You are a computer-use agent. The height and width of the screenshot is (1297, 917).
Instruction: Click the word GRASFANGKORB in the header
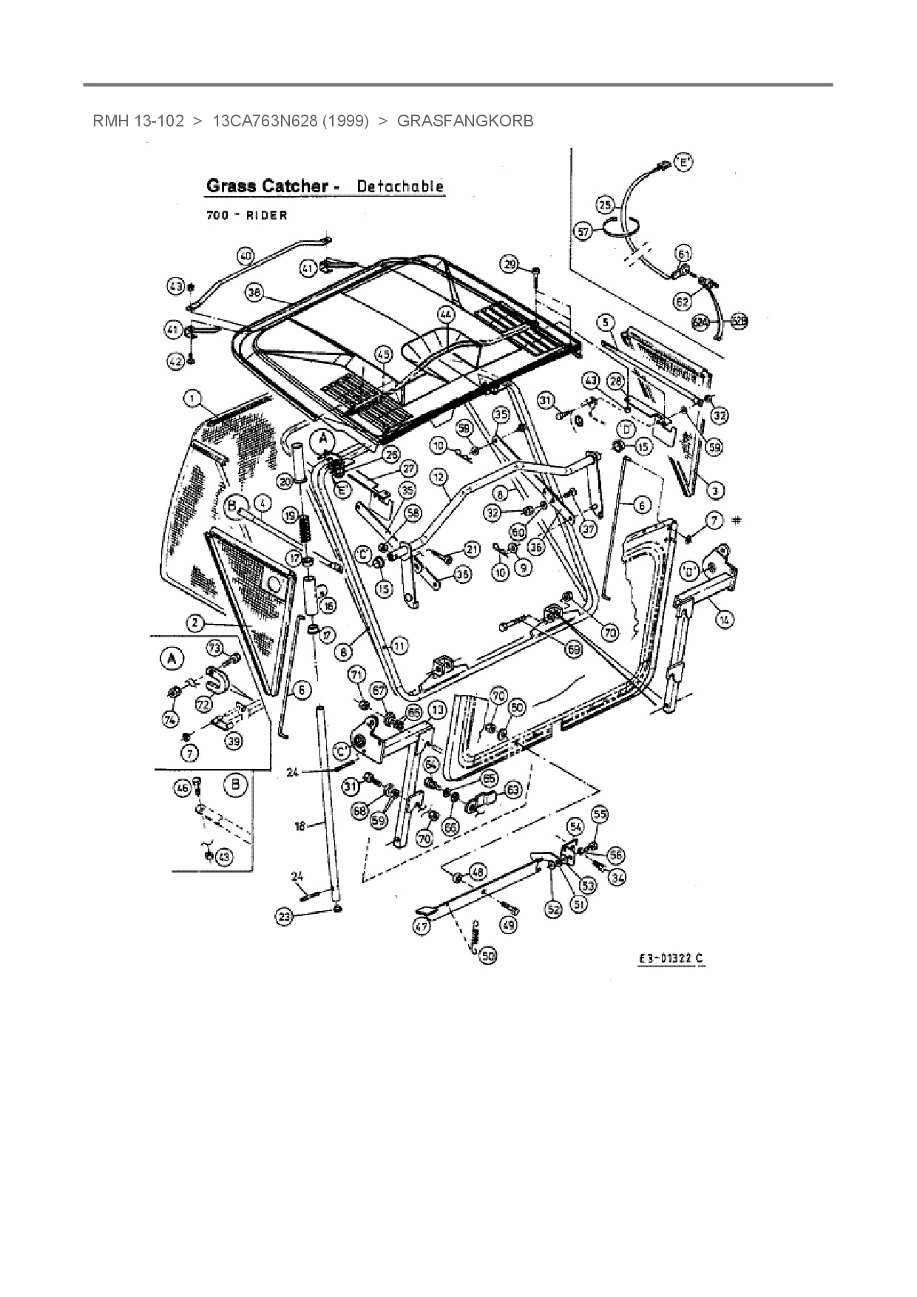[464, 121]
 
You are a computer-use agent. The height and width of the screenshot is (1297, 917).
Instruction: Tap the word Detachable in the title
[400, 186]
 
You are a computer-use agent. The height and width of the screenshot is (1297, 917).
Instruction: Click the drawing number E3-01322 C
[671, 959]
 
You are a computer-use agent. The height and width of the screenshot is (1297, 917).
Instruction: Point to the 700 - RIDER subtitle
[246, 215]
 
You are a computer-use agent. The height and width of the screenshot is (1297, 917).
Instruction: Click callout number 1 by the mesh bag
[192, 400]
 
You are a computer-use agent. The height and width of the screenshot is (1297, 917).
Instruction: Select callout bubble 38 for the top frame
[255, 294]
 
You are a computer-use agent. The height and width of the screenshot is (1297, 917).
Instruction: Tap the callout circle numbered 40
[246, 257]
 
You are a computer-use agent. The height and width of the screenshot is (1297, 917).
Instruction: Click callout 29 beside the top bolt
[510, 264]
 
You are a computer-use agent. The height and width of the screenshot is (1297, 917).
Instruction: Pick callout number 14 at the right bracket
[725, 620]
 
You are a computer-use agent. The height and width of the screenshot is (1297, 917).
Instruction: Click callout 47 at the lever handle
[422, 925]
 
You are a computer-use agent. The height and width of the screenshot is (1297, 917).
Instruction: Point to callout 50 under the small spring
[487, 956]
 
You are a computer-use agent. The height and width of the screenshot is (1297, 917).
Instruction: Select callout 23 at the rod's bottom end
[285, 916]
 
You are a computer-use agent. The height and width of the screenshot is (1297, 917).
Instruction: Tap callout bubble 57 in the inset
[583, 231]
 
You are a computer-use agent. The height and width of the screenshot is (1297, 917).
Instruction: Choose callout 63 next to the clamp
[512, 790]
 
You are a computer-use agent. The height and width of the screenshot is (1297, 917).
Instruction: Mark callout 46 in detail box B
[182, 789]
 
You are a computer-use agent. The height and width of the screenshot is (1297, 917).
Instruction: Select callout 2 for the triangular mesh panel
[194, 623]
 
